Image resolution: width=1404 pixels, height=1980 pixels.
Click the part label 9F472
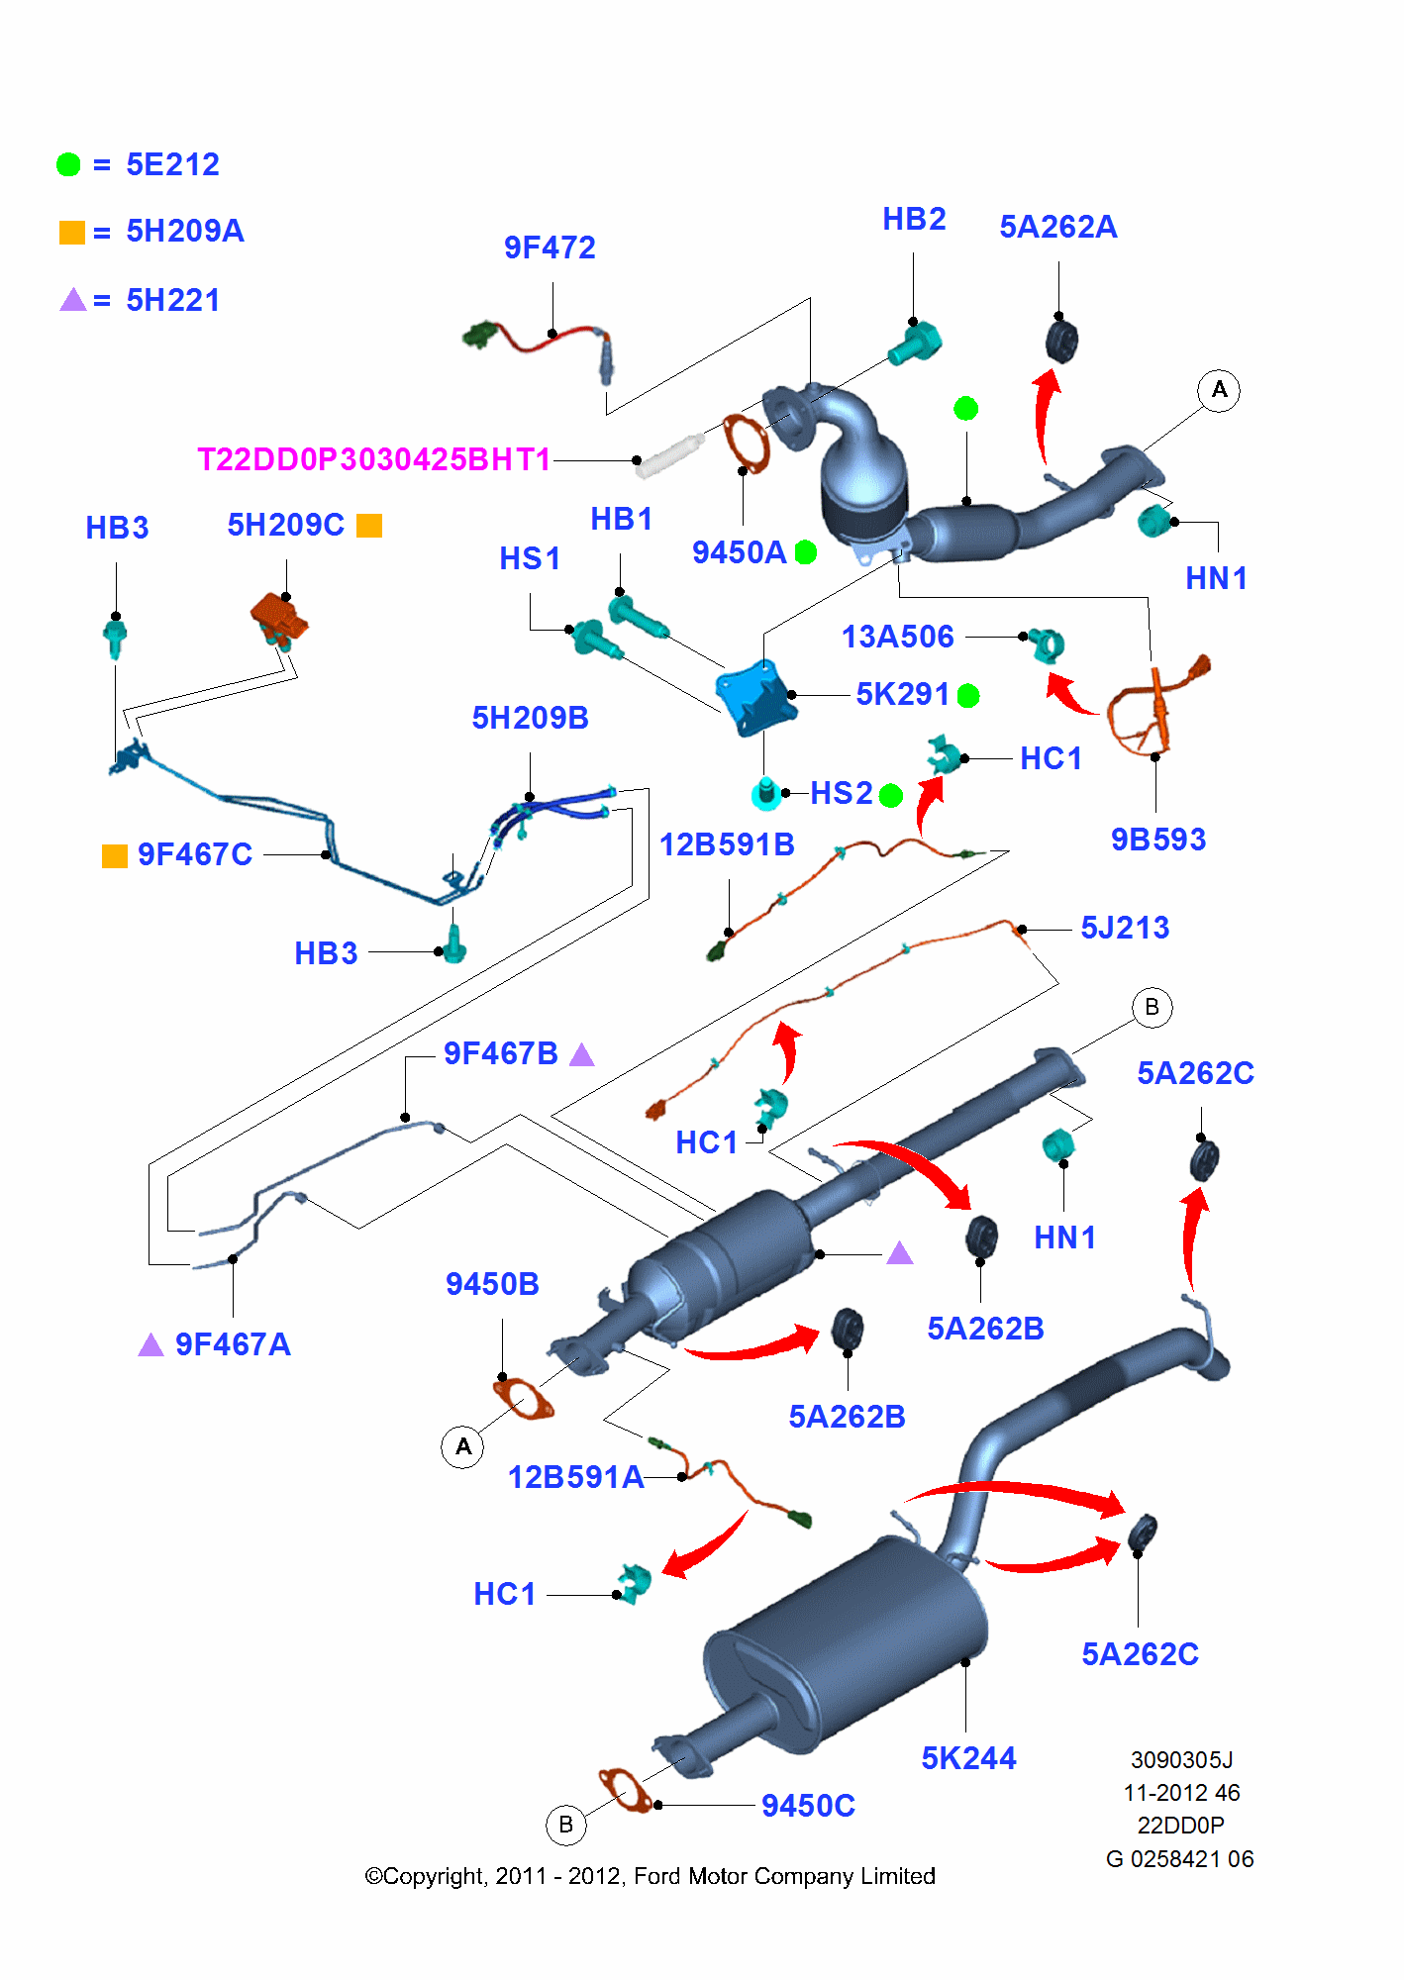(x=550, y=247)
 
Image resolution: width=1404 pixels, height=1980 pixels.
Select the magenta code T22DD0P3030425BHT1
(x=373, y=459)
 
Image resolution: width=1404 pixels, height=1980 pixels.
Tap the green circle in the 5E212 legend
(x=68, y=164)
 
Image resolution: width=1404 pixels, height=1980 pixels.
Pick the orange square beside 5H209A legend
(x=71, y=233)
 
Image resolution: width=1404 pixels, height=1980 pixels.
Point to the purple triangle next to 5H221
(x=72, y=300)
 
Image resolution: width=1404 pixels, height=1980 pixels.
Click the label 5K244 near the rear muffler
(x=968, y=1758)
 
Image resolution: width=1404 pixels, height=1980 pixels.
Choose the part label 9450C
(x=808, y=1806)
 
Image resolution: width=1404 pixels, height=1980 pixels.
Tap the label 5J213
(x=1125, y=928)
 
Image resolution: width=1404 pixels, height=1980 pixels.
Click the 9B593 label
(x=1158, y=840)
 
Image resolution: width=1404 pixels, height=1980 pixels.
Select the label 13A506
(x=897, y=637)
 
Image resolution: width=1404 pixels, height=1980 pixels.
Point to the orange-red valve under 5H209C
(x=278, y=618)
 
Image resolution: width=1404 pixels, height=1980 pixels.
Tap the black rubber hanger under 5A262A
(x=1061, y=341)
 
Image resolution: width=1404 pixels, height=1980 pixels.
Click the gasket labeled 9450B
(x=523, y=1399)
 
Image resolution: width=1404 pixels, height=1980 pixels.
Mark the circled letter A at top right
(x=1219, y=390)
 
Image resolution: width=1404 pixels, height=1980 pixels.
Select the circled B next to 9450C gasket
(x=566, y=1825)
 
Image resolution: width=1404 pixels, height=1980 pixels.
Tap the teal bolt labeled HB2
(x=915, y=344)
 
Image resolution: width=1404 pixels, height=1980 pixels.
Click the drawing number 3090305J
(x=1181, y=1760)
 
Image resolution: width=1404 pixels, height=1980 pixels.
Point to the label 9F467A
(x=233, y=1344)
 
